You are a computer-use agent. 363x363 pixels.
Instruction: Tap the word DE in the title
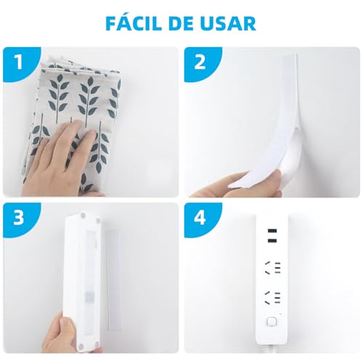[184, 23]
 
